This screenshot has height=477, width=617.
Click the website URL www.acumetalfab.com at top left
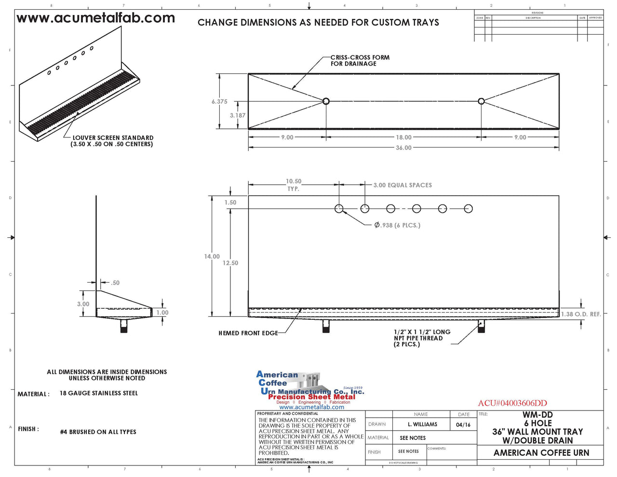click(x=95, y=18)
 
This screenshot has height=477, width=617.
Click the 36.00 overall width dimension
click(x=403, y=148)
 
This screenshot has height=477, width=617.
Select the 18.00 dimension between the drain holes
click(x=403, y=137)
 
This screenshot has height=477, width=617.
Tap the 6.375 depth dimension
click(x=219, y=102)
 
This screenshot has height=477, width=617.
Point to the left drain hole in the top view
click(x=326, y=101)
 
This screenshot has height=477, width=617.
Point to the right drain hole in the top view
click(x=481, y=101)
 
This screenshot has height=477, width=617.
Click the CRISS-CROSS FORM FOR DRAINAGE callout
click(x=360, y=60)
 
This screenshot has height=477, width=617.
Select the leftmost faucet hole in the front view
click(x=339, y=209)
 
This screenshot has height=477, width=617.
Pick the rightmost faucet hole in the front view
click(x=468, y=209)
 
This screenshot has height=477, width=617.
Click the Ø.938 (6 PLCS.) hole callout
click(x=397, y=225)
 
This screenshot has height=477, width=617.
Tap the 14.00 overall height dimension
click(x=212, y=257)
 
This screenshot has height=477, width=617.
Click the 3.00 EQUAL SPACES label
click(x=402, y=185)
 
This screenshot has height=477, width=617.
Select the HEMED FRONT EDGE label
click(x=248, y=333)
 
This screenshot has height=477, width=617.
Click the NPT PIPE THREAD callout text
click(x=421, y=338)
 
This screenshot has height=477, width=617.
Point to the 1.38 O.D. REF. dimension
click(x=581, y=314)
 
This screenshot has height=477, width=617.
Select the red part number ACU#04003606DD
click(x=512, y=403)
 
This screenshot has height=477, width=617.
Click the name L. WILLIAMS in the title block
click(x=422, y=424)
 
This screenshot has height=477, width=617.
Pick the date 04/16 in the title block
click(x=463, y=425)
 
